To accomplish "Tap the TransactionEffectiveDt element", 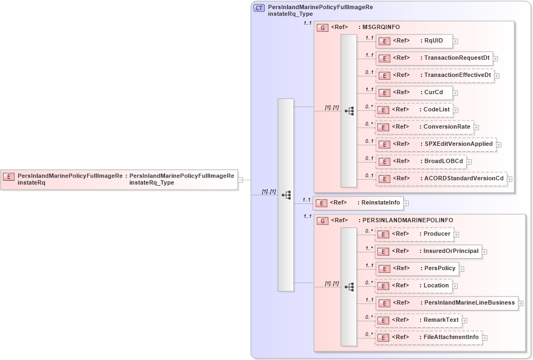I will [x=434, y=75].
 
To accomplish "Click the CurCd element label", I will [x=433, y=93].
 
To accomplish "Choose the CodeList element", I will [x=413, y=110].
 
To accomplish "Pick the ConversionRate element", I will [x=424, y=127].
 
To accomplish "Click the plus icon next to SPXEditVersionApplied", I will [x=499, y=145].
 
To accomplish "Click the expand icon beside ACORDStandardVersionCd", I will [x=509, y=179].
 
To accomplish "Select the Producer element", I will [x=413, y=234].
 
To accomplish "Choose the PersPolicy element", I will [x=416, y=269].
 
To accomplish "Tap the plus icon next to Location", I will [x=455, y=286].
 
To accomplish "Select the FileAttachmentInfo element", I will [x=428, y=337].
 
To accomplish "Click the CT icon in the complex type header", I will [x=260, y=8].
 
